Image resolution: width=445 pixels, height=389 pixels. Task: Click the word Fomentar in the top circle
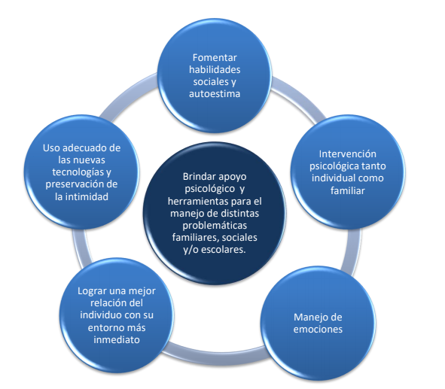click(215, 57)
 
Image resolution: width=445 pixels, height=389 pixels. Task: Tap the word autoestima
click(215, 93)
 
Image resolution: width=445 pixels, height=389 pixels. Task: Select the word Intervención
click(348, 153)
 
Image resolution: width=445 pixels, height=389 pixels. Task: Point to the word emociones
click(318, 329)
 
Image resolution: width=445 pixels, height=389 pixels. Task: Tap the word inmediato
click(117, 339)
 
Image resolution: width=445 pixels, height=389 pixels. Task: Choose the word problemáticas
click(215, 226)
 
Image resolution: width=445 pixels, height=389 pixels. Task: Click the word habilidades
click(215, 69)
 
